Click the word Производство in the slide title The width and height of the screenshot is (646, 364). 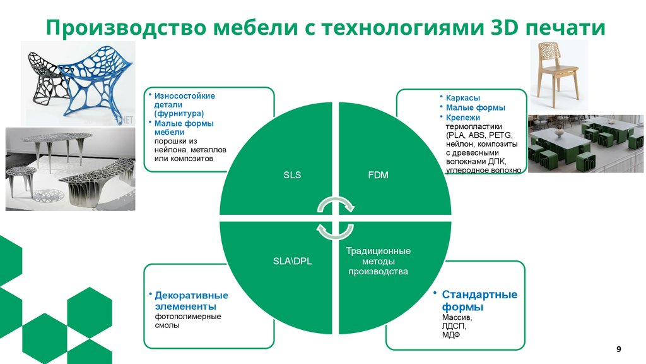point(124,28)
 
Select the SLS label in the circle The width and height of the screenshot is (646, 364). point(291,175)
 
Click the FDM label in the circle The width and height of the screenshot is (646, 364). point(378,175)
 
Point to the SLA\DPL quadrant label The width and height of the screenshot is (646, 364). point(291,261)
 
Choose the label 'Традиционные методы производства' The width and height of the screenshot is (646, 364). point(378,261)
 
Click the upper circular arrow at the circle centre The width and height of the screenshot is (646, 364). point(335,206)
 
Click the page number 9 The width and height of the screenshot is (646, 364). point(618,349)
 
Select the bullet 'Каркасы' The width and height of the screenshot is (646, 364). point(462,99)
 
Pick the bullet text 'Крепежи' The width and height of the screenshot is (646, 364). point(462,118)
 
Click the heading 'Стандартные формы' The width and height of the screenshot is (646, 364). point(479,301)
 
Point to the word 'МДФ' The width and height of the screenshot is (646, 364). point(451,336)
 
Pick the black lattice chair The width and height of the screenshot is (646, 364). point(45,82)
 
